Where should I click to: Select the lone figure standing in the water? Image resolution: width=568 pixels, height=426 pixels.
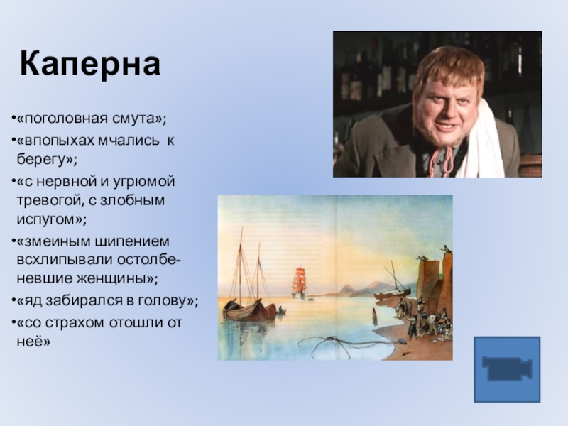click(374, 317)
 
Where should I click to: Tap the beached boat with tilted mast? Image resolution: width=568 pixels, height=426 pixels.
click(393, 291)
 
